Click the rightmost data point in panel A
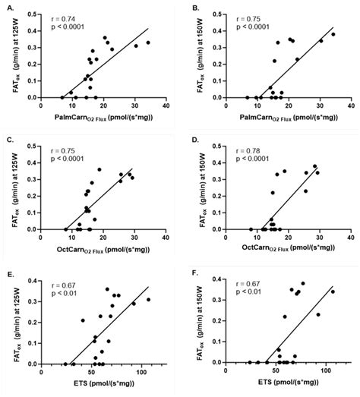(149, 43)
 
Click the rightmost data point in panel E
(149, 299)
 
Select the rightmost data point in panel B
(333, 34)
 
